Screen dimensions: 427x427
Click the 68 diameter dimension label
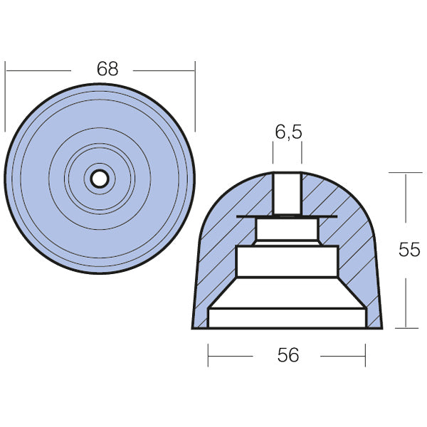point(107,69)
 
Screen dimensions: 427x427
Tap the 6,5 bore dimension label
point(287,132)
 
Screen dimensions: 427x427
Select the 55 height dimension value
point(409,250)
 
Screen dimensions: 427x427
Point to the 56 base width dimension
point(287,354)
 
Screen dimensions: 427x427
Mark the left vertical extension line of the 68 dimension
point(5,96)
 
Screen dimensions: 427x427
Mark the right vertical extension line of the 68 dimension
point(194,96)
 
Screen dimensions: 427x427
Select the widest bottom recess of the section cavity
point(287,317)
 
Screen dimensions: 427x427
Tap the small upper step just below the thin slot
point(287,229)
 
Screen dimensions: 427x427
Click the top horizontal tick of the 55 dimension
point(406,172)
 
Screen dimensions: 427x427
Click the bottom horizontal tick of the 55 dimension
point(406,328)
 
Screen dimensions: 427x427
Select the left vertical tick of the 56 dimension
point(208,354)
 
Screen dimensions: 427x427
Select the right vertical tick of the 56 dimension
point(366,354)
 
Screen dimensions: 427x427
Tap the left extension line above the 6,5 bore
point(273,152)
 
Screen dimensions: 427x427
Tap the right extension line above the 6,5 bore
point(302,152)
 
